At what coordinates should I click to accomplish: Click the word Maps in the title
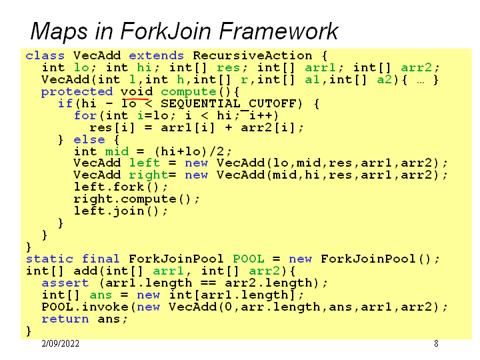pyautogui.click(x=55, y=31)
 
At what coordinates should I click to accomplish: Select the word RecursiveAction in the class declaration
pyautogui.click(x=253, y=56)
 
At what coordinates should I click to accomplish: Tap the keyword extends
pyautogui.click(x=156, y=56)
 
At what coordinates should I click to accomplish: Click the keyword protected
pyautogui.click(x=77, y=92)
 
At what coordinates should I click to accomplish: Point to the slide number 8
pyautogui.click(x=436, y=344)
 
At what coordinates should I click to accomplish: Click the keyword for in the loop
pyautogui.click(x=85, y=116)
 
